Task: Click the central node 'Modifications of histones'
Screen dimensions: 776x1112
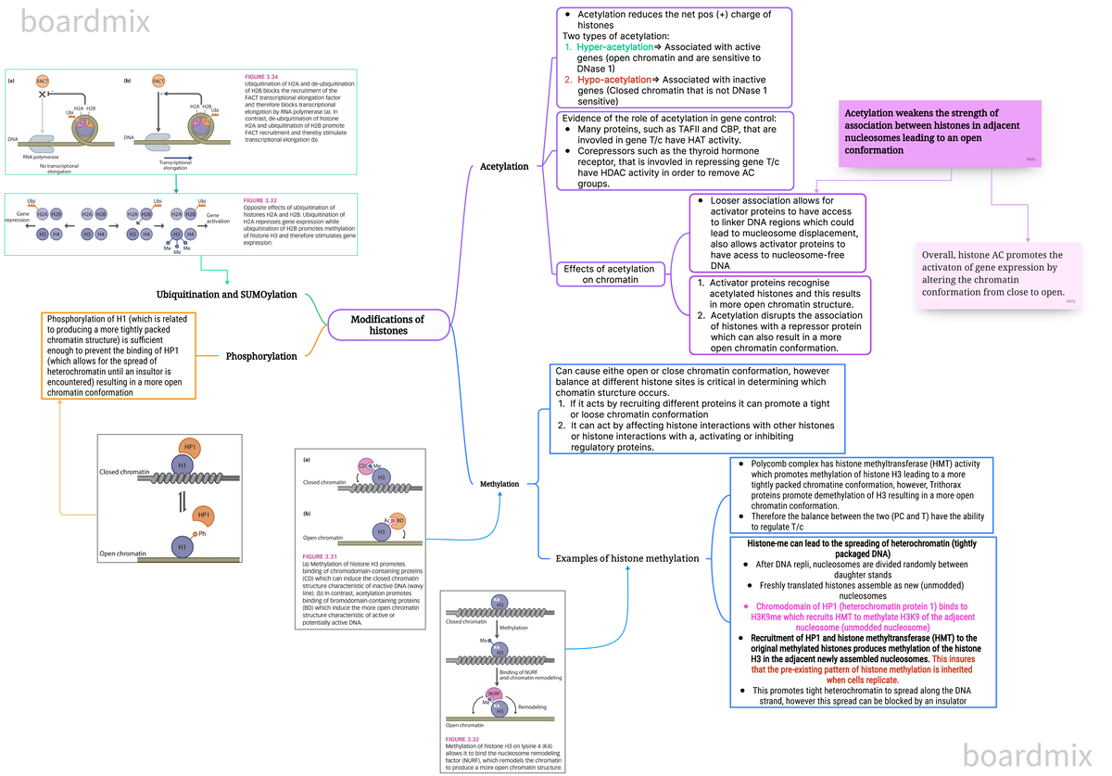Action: (x=387, y=324)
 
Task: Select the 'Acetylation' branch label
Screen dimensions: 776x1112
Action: (x=504, y=167)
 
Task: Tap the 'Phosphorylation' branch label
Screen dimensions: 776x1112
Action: (x=261, y=356)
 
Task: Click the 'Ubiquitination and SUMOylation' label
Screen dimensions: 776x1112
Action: (x=227, y=295)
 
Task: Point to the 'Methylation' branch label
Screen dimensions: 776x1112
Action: (x=499, y=484)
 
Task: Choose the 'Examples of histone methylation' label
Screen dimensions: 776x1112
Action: (x=627, y=558)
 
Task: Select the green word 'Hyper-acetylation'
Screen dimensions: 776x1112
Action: (x=614, y=46)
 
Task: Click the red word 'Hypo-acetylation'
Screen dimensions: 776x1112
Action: (x=613, y=80)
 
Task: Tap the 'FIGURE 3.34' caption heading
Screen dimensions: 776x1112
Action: (x=261, y=76)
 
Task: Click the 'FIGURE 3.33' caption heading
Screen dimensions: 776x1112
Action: (x=259, y=200)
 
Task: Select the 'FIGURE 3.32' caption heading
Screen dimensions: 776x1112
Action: (x=462, y=738)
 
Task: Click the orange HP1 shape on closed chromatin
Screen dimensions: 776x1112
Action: (x=190, y=448)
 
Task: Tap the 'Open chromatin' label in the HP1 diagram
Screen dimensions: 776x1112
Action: (x=122, y=553)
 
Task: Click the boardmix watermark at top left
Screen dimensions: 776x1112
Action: (x=85, y=20)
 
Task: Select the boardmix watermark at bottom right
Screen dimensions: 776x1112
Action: (x=1028, y=753)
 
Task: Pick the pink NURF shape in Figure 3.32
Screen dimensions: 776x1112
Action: (x=494, y=693)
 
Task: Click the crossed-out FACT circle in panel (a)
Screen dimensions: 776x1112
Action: (x=43, y=82)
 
